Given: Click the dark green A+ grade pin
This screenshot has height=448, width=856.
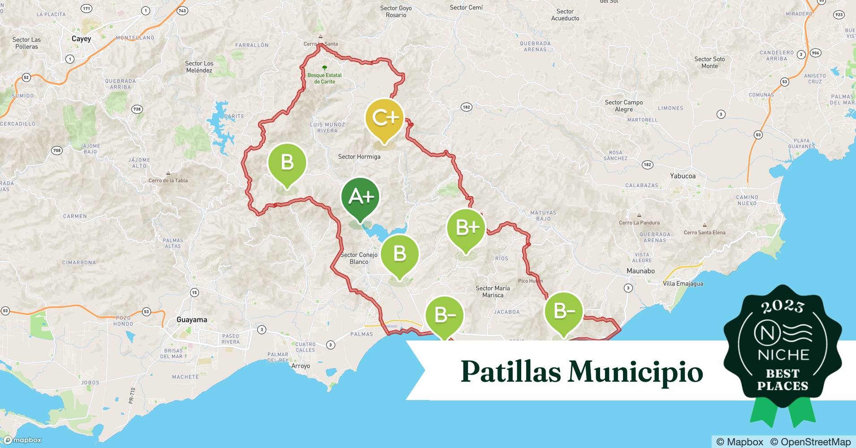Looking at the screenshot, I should click(x=360, y=197).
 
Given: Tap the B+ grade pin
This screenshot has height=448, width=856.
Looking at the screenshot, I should click(x=466, y=228).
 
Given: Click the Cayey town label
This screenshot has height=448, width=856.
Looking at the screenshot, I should click(x=81, y=39).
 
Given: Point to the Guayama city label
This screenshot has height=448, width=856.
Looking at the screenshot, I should click(x=192, y=320).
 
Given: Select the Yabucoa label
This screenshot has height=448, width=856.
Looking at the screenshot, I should click(x=683, y=176).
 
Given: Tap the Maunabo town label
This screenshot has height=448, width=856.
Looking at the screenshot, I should click(x=640, y=271).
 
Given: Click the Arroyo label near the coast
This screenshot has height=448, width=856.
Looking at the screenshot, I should click(x=300, y=366).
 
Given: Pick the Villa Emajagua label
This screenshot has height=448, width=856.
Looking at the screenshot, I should click(x=683, y=284).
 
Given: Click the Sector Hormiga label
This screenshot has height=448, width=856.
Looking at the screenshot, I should click(x=359, y=157).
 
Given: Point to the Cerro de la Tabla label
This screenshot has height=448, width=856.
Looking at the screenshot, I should click(x=168, y=181).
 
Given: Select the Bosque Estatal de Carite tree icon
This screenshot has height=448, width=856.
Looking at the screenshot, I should click(x=324, y=69).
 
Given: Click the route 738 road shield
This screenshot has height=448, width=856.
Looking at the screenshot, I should click(x=137, y=109).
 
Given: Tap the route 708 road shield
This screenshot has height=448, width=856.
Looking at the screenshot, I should click(x=57, y=151).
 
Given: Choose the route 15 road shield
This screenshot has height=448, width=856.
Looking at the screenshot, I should click(x=194, y=293).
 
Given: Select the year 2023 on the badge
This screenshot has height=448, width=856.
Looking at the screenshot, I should click(x=783, y=307).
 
